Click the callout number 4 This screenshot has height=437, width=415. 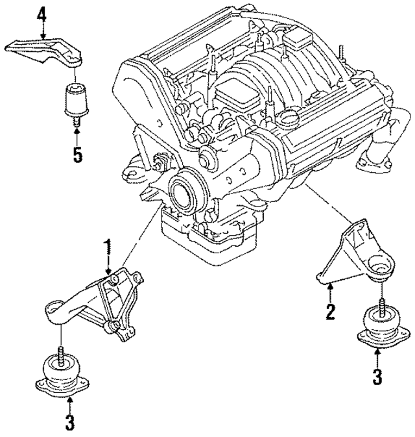[41, 12]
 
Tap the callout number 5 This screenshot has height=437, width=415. [77, 156]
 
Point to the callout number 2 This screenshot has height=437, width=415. [330, 312]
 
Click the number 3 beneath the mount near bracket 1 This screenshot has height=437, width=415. [69, 423]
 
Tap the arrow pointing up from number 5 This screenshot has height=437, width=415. [77, 136]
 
